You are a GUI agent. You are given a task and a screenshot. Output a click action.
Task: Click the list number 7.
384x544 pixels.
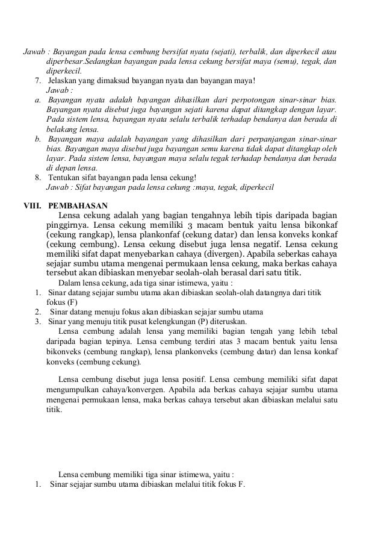[39, 81]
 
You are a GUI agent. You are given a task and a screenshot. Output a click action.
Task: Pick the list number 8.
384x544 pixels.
[39, 178]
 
